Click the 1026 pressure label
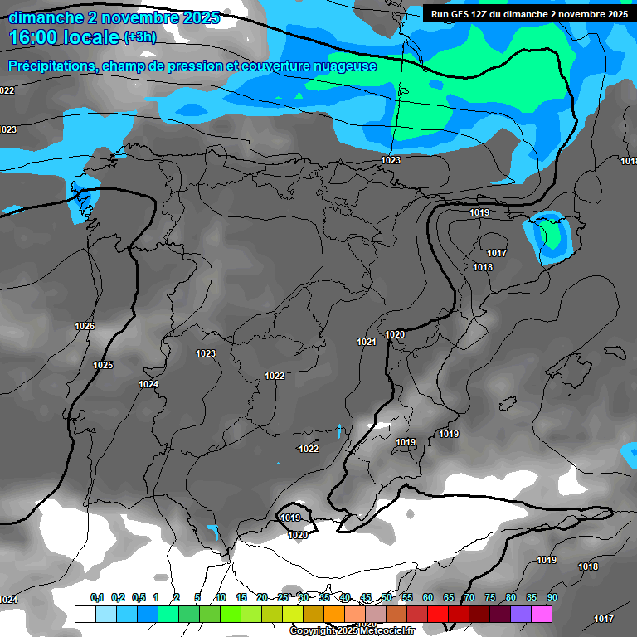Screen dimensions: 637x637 click(85, 327)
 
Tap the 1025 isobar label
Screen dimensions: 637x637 click(103, 366)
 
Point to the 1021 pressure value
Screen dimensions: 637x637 click(367, 342)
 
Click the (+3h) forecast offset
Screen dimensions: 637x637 click(139, 37)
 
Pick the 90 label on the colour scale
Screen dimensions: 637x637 click(552, 597)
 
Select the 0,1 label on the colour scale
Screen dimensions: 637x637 click(97, 597)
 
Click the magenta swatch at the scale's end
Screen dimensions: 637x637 click(542, 614)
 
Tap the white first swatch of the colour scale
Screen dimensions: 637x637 click(85, 614)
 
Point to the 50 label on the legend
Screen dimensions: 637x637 click(387, 597)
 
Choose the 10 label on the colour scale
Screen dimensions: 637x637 click(221, 597)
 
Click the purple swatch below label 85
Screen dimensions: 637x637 click(521, 614)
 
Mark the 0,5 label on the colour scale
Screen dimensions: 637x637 click(139, 597)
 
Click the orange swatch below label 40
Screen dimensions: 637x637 click(334, 614)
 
